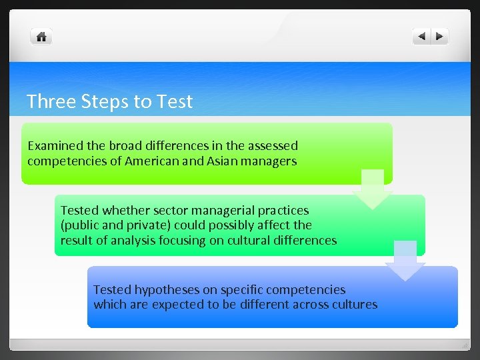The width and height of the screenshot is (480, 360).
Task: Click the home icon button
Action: pos(41,37)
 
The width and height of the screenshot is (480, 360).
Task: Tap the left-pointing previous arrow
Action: pos(421,37)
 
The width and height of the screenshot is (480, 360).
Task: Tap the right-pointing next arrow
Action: pos(440,37)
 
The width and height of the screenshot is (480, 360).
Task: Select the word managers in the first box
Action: pos(268,161)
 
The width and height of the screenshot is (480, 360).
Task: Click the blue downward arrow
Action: pos(405,260)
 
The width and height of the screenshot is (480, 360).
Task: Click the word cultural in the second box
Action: pos(253,240)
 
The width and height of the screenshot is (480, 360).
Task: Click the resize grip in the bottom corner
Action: pos(465,345)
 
